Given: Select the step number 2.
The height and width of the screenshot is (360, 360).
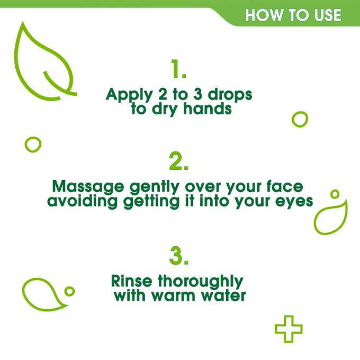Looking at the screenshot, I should [x=179, y=162].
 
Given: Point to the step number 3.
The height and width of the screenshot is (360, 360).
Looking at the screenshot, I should [x=179, y=256].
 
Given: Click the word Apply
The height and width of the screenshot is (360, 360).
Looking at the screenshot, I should [x=125, y=96].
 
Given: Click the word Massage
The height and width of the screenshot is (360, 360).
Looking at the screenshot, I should [x=86, y=187].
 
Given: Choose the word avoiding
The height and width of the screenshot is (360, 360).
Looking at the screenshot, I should [x=79, y=202].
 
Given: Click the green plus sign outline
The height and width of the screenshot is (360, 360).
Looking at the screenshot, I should [x=289, y=329].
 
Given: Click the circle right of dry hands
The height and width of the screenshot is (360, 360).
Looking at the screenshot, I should [x=300, y=119].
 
